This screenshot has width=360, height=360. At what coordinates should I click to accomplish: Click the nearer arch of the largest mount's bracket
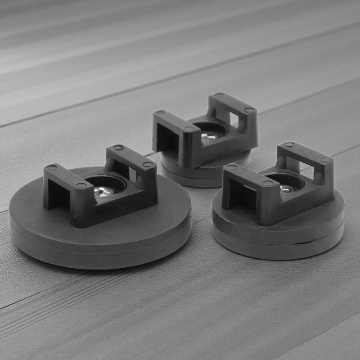tap(67, 184)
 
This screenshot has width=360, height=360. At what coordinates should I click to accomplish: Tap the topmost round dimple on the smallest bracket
tap(219, 95)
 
